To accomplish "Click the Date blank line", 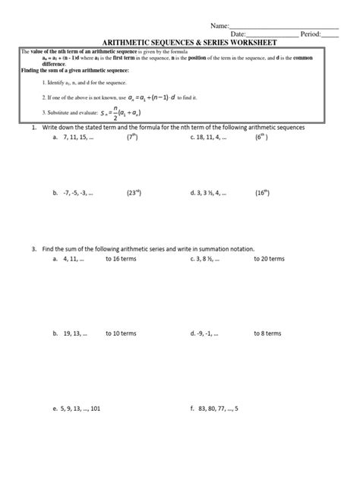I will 273,35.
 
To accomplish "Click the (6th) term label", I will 263,138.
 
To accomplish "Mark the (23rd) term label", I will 134,194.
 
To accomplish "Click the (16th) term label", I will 264,194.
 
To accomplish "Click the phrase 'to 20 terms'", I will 269,259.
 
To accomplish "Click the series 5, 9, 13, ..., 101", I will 84,407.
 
